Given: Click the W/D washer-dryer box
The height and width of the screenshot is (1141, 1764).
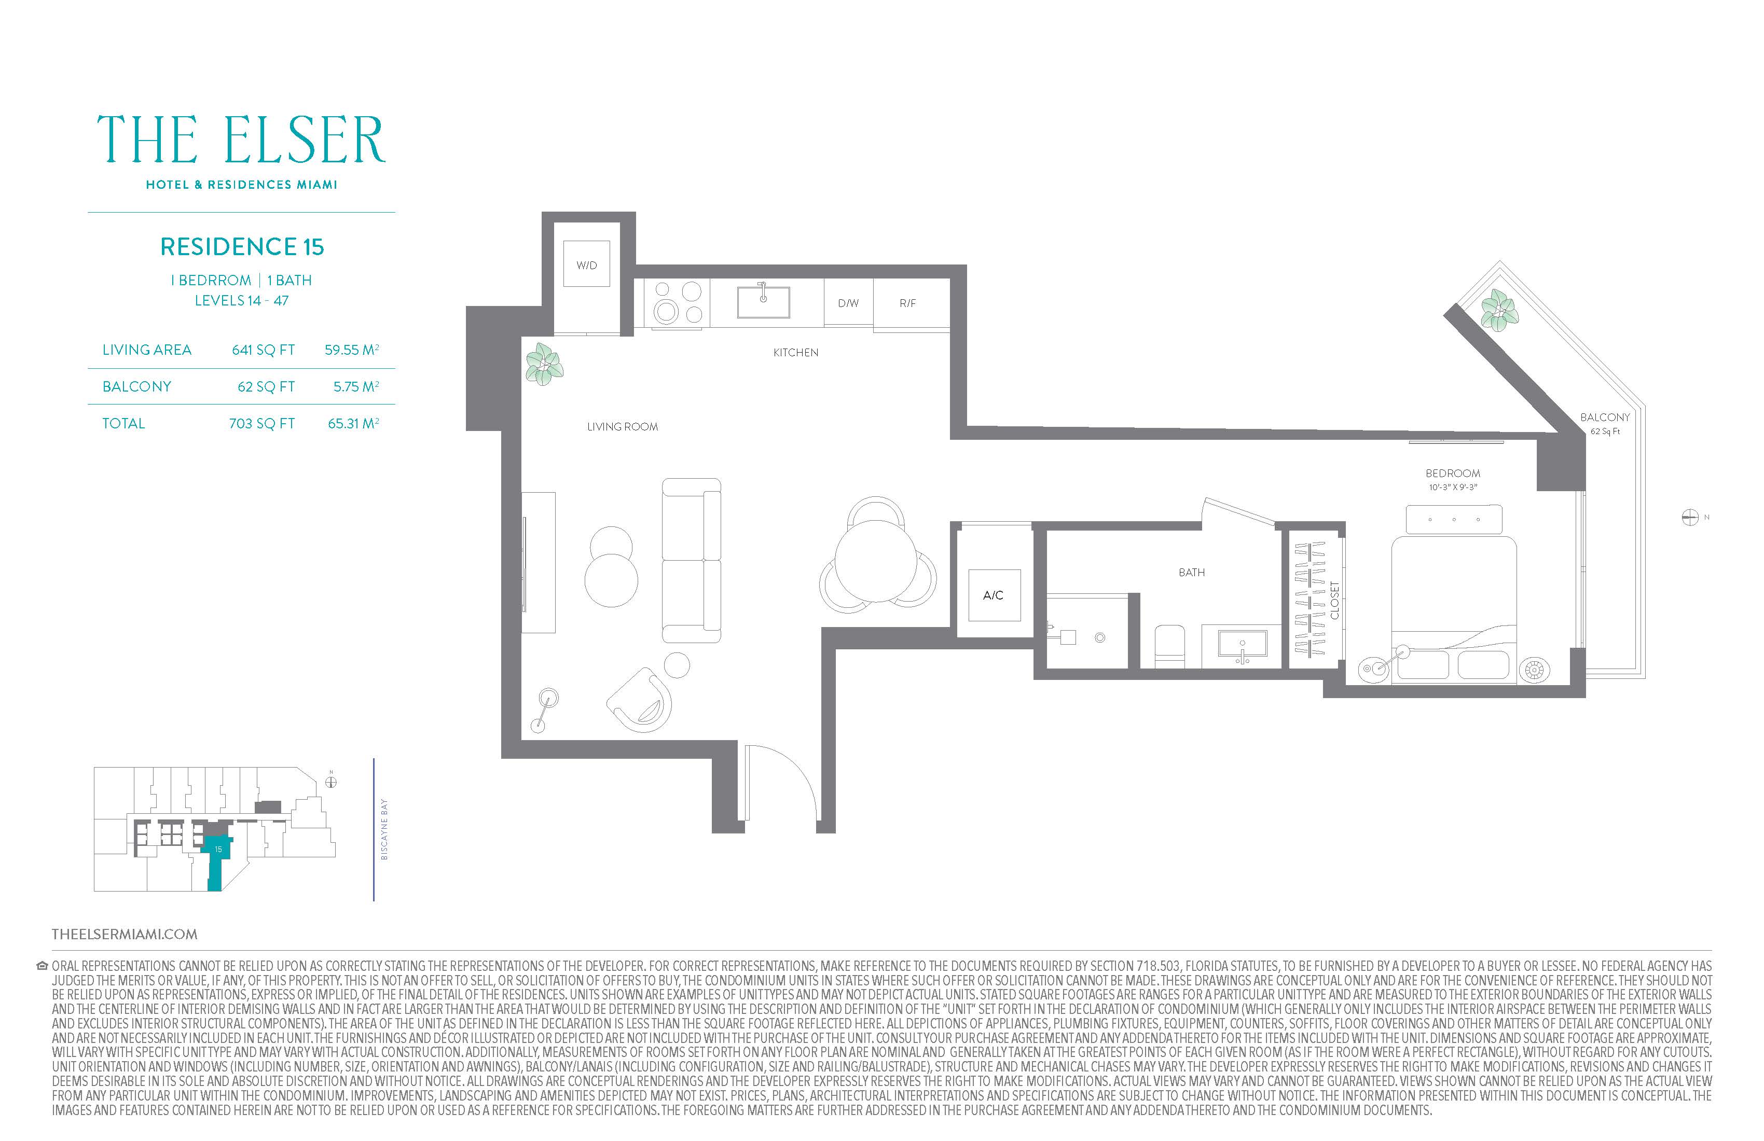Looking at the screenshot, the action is click(586, 264).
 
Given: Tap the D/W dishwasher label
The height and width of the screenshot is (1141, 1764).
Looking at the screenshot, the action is click(848, 303).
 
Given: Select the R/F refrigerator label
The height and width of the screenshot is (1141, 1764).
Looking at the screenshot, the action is click(908, 303).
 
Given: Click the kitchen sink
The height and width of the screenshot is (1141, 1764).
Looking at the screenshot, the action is click(763, 301).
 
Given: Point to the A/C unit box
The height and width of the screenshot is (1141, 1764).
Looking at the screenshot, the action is click(994, 595).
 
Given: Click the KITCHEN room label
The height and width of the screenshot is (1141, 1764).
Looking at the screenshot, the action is click(795, 353).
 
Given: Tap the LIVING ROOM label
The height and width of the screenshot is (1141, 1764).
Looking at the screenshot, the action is click(623, 427).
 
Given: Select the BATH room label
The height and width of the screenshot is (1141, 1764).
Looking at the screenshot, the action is click(1192, 573).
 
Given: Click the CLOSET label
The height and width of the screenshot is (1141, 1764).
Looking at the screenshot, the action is click(1335, 600).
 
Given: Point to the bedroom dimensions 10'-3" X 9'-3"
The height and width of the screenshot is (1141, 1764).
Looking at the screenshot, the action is click(1453, 488).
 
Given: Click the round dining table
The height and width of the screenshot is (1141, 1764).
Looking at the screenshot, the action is click(877, 560).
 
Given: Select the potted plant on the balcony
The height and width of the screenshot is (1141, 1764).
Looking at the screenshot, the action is click(1499, 310).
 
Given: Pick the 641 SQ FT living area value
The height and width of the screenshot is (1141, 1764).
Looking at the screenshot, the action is click(263, 350).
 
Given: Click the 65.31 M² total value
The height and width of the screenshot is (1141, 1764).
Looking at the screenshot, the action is click(353, 423).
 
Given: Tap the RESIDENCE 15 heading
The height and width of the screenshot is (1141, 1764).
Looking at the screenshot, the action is click(242, 247).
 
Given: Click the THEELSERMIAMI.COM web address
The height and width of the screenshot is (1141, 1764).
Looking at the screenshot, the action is click(125, 934).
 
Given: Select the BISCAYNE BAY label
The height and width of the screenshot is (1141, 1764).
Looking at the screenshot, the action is click(384, 829).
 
